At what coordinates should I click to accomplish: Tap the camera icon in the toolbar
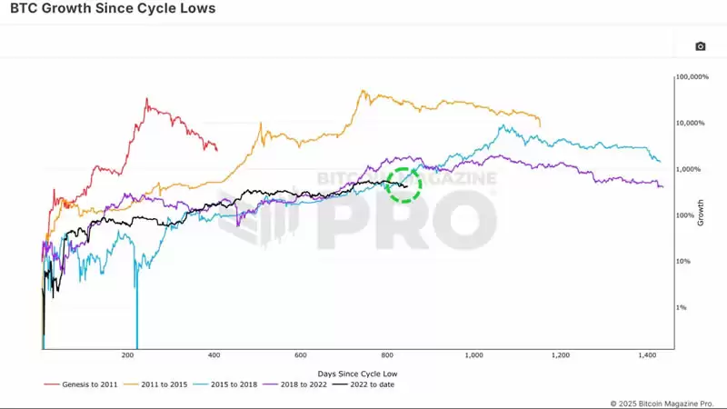click(700, 46)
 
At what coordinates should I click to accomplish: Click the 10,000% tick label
click(692, 123)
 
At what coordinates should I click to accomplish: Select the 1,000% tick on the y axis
click(690, 169)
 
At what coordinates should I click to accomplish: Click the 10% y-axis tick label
click(685, 261)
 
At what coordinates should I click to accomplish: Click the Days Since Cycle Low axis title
click(357, 373)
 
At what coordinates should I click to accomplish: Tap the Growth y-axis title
click(701, 212)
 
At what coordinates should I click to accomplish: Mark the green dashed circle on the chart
click(403, 185)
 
